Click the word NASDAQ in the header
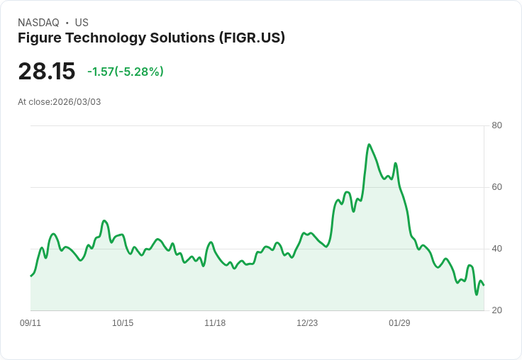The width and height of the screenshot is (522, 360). point(38,23)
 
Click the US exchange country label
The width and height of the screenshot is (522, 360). point(82,23)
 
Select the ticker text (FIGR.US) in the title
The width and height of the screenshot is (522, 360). point(252,38)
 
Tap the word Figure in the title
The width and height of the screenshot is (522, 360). point(40,38)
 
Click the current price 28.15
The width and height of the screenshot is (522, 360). point(47,72)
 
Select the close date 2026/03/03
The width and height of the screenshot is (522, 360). point(77,102)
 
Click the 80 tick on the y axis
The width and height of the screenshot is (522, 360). point(497,125)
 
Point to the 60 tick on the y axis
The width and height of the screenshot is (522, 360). point(497,187)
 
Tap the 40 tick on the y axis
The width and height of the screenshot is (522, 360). point(497,249)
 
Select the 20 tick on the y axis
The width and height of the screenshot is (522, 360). point(497,310)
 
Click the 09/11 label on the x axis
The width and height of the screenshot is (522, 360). point(30,323)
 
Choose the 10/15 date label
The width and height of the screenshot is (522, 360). point(123,323)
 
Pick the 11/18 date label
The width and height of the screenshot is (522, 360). point(215,323)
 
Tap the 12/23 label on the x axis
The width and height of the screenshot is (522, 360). point(307,323)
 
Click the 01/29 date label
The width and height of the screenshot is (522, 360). point(399,323)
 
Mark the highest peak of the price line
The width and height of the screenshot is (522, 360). point(369,145)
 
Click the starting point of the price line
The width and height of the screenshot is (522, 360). point(30,276)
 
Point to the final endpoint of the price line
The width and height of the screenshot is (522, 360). point(484,285)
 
